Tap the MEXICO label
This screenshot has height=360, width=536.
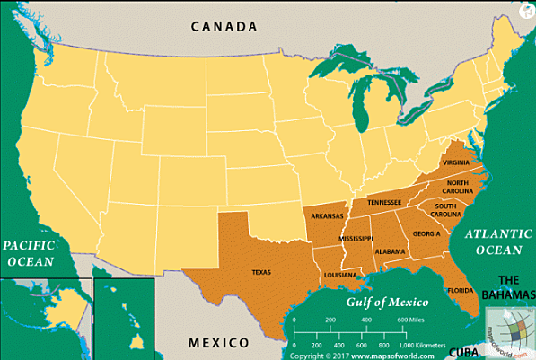tap(219, 343)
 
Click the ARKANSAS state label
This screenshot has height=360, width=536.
tap(328, 216)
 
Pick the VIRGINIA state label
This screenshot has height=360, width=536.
tap(456, 162)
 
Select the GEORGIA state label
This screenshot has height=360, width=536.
tap(426, 233)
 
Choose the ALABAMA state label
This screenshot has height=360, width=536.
tap(391, 251)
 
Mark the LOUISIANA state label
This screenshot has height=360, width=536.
tap(338, 274)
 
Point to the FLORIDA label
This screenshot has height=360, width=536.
tap(461, 291)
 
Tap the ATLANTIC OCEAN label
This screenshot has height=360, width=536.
tap(493, 241)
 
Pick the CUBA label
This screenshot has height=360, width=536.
tap(465, 352)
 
